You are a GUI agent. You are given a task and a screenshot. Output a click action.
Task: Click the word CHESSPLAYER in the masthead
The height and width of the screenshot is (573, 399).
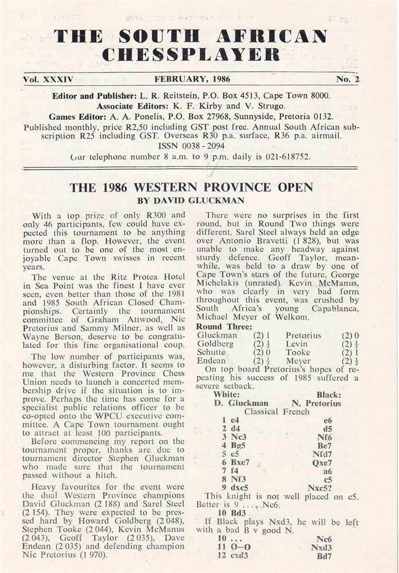192,54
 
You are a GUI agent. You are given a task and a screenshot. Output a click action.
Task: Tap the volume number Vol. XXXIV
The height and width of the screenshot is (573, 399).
49,80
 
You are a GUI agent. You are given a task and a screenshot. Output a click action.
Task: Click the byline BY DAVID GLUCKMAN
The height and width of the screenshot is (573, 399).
191,201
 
